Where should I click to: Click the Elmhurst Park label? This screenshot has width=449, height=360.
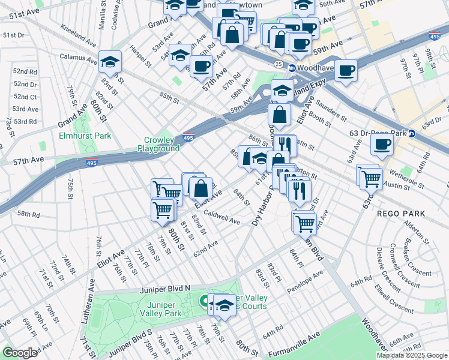tap(85, 136)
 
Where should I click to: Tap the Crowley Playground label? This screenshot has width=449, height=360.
tap(158, 144)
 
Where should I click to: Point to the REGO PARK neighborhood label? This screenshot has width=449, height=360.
tap(400, 214)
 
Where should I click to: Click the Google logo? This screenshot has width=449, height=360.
tap(20, 353)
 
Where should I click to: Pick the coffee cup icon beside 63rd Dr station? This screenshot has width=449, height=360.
tap(382, 144)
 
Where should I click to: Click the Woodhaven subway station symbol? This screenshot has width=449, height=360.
tap(292, 68)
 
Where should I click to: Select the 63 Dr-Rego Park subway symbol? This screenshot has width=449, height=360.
tap(412, 133)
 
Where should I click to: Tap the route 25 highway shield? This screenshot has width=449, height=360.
tap(278, 63)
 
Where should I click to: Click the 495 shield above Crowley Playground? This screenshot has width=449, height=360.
tap(188, 137)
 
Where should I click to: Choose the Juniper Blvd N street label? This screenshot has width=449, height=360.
tap(164, 289)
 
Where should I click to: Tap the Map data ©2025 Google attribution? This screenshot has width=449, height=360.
tap(411, 355)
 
